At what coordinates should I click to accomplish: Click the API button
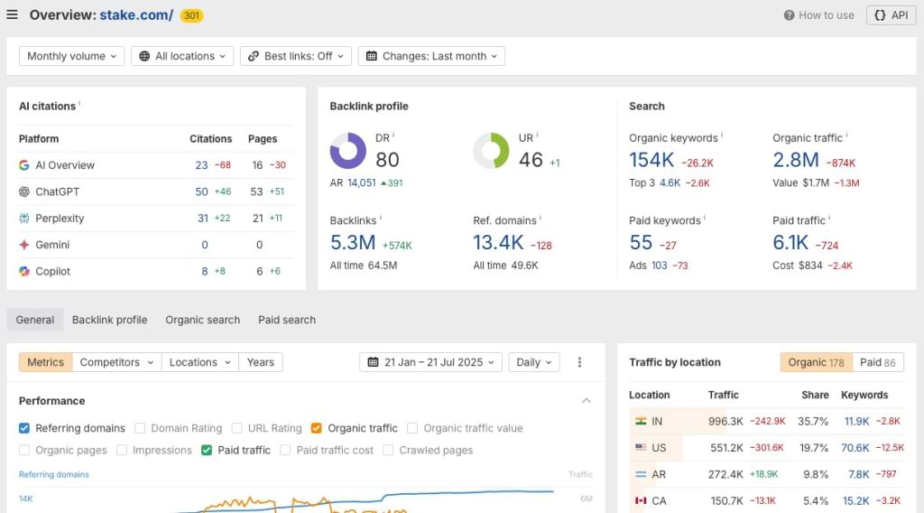tap(891, 15)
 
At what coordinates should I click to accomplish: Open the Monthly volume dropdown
tap(71, 56)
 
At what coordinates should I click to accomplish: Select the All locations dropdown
tap(182, 56)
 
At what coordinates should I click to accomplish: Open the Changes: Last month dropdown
tap(431, 56)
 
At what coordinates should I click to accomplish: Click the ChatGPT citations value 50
tap(201, 191)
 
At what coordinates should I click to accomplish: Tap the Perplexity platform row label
tap(60, 219)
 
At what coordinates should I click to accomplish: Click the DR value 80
tap(387, 160)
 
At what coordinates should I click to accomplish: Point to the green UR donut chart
tap(492, 151)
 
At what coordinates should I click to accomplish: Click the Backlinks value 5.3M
tap(353, 243)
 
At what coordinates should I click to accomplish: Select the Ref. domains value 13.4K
tap(498, 243)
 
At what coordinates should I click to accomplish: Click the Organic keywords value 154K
tap(651, 160)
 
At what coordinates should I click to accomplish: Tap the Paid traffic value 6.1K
tap(790, 243)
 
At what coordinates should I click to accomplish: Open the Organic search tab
tap(202, 320)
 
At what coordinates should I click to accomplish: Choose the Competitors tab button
tap(116, 362)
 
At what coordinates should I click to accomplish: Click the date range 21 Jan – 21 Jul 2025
tap(431, 362)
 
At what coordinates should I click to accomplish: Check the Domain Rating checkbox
tap(140, 428)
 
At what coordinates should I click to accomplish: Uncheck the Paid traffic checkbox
tap(207, 450)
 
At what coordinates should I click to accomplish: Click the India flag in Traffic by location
tap(641, 421)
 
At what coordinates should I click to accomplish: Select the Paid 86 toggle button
tap(877, 362)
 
